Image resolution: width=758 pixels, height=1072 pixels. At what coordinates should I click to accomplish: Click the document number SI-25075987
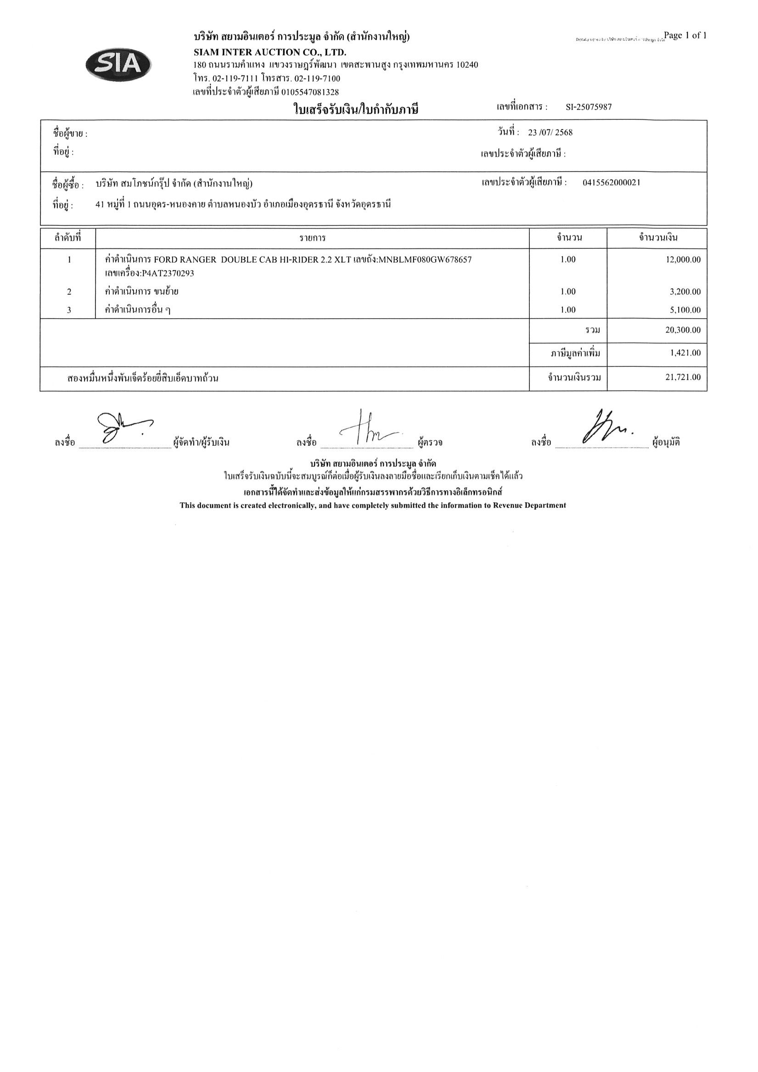click(589, 107)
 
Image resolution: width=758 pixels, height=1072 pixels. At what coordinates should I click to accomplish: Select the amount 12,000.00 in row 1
click(683, 259)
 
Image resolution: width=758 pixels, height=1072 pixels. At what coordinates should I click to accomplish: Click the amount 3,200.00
click(685, 292)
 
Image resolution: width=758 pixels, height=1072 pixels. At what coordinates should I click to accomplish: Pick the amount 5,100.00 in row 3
click(685, 310)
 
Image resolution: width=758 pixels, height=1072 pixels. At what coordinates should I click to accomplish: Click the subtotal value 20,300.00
click(683, 330)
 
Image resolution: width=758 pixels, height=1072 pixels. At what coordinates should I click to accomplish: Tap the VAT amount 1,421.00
click(685, 353)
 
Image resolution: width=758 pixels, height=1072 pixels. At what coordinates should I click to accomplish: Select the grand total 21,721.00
click(683, 377)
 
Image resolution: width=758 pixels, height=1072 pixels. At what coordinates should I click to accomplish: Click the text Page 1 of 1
click(685, 35)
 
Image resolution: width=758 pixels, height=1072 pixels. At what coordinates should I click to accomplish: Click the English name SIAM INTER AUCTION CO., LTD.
click(270, 52)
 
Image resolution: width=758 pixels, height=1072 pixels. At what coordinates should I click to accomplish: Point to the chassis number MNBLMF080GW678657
click(425, 259)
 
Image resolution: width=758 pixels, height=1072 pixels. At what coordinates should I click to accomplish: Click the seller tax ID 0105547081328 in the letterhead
click(310, 92)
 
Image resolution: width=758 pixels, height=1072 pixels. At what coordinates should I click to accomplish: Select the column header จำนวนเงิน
click(658, 238)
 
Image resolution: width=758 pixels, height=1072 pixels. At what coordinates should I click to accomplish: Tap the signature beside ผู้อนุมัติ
click(606, 427)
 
